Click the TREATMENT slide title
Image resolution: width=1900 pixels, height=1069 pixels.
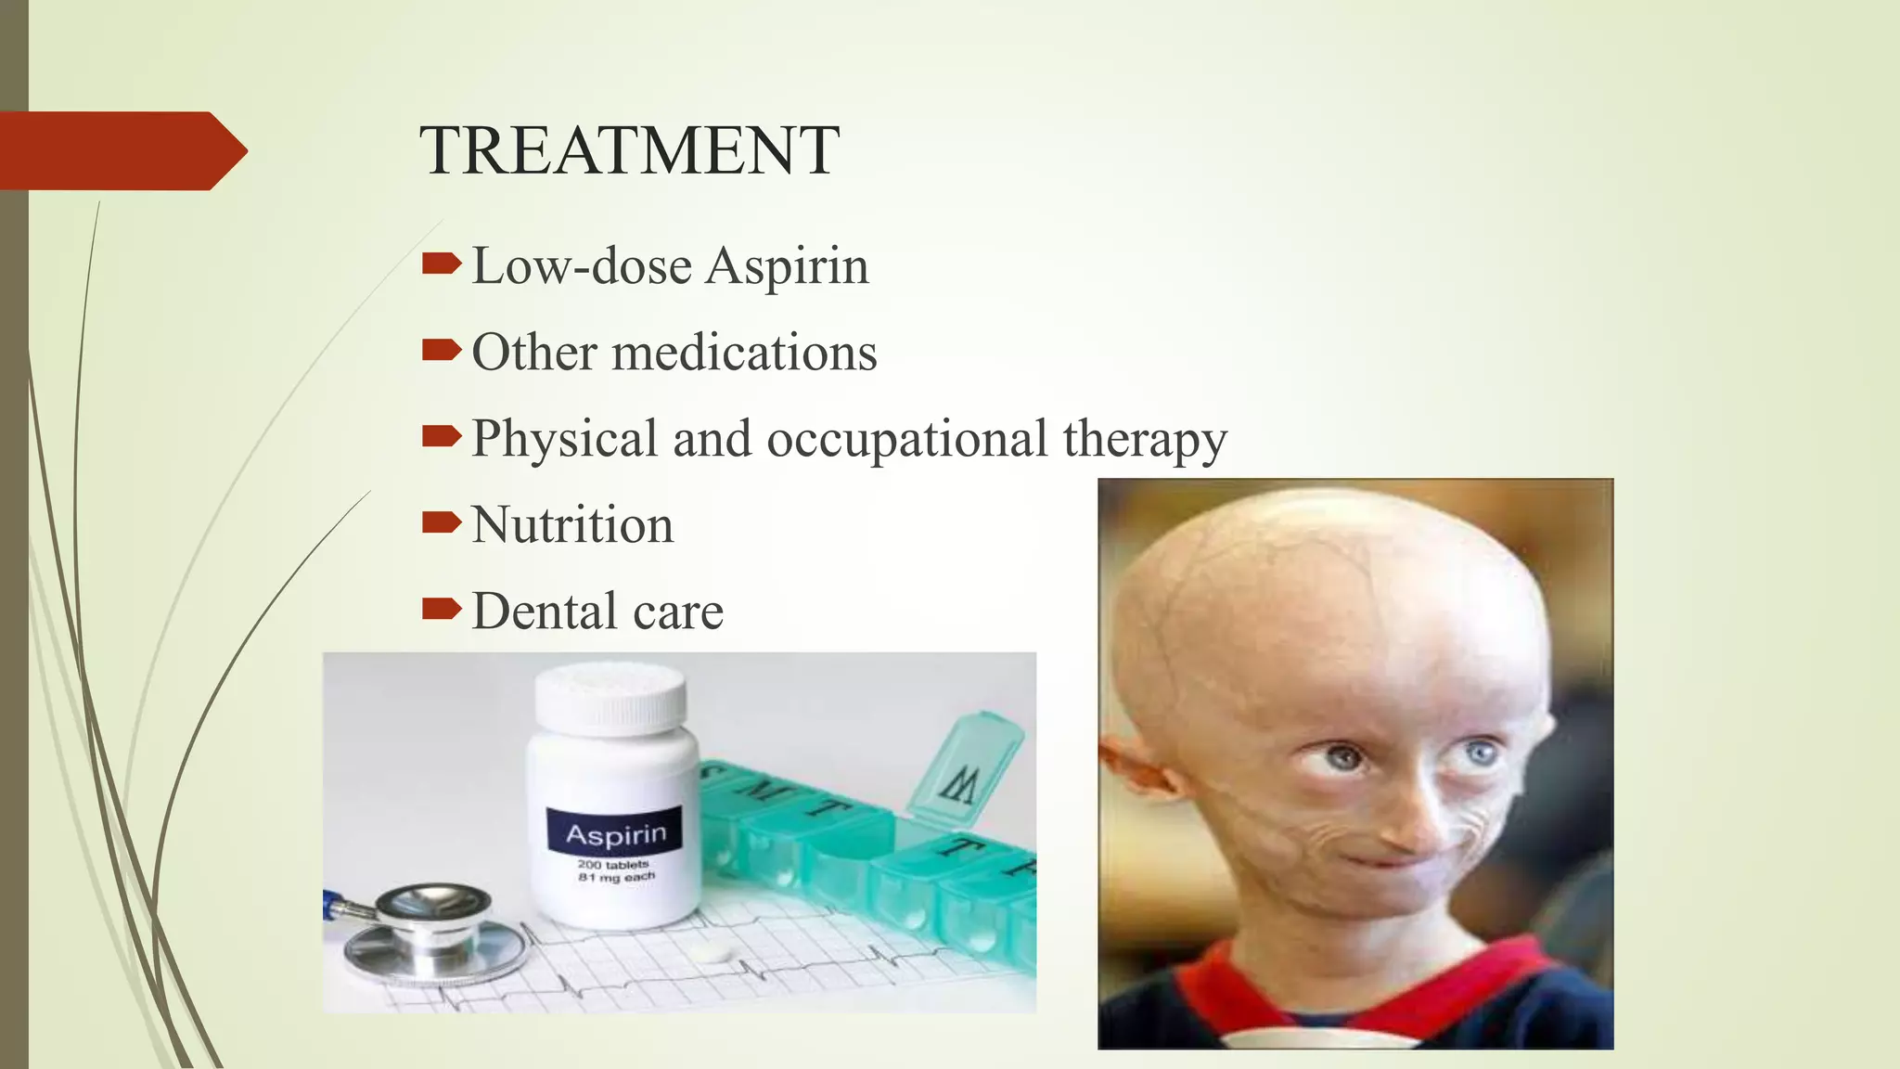pos(629,150)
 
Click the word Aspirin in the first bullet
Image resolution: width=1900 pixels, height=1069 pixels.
pos(787,266)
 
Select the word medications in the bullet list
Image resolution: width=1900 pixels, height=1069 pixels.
pos(744,353)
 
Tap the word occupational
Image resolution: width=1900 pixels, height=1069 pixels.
pos(906,439)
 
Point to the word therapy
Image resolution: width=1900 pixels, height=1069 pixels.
pos(1145,439)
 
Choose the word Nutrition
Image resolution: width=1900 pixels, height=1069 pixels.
pos(572,525)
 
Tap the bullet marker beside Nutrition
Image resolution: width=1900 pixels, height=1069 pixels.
pos(441,523)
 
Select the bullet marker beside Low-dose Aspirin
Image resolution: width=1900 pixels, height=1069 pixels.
pos(441,265)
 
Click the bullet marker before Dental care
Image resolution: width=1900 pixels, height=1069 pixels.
pos(441,610)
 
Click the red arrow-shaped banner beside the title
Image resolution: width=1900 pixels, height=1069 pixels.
pos(121,150)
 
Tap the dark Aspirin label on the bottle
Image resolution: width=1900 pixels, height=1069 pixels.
pos(615,833)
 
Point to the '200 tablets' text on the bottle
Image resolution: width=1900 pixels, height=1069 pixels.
pos(613,864)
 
